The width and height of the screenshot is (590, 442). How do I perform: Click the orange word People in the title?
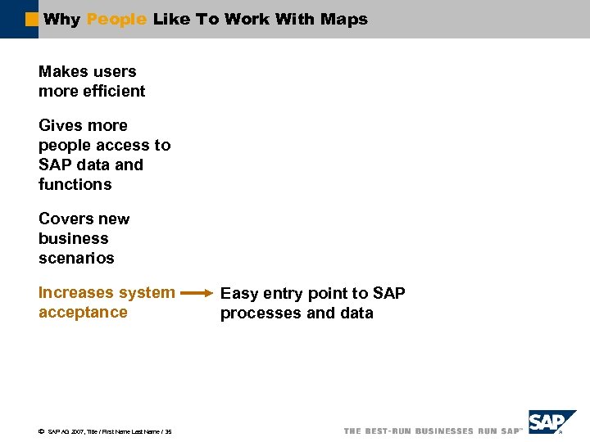pos(116,19)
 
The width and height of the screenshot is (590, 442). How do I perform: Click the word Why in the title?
pos(61,19)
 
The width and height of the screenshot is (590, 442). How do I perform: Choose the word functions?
pos(75,184)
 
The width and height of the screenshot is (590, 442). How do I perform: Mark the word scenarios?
pos(76,258)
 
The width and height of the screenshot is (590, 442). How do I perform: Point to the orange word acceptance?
pos(83,312)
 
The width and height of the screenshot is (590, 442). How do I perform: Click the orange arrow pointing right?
pos(197,292)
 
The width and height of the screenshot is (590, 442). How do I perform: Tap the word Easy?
pos(239,293)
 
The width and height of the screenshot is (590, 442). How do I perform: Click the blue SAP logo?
pos(551,423)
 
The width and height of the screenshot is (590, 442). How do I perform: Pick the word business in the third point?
pos(73,238)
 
